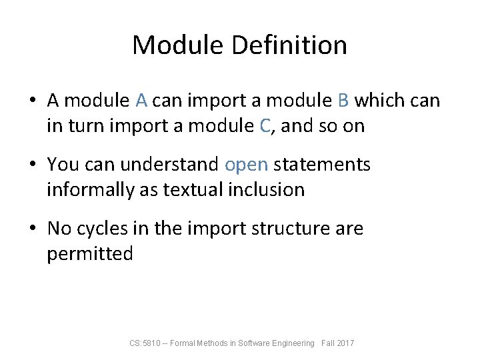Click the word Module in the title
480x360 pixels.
[x=179, y=45]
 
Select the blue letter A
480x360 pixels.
[x=141, y=101]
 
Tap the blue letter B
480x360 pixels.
[x=343, y=101]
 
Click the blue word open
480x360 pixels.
[x=246, y=164]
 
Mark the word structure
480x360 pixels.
[x=293, y=228]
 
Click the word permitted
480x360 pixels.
[x=90, y=253]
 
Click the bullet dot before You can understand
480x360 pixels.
[x=33, y=165]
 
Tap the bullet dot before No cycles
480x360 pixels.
[x=33, y=229]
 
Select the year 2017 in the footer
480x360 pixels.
[x=346, y=343]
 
